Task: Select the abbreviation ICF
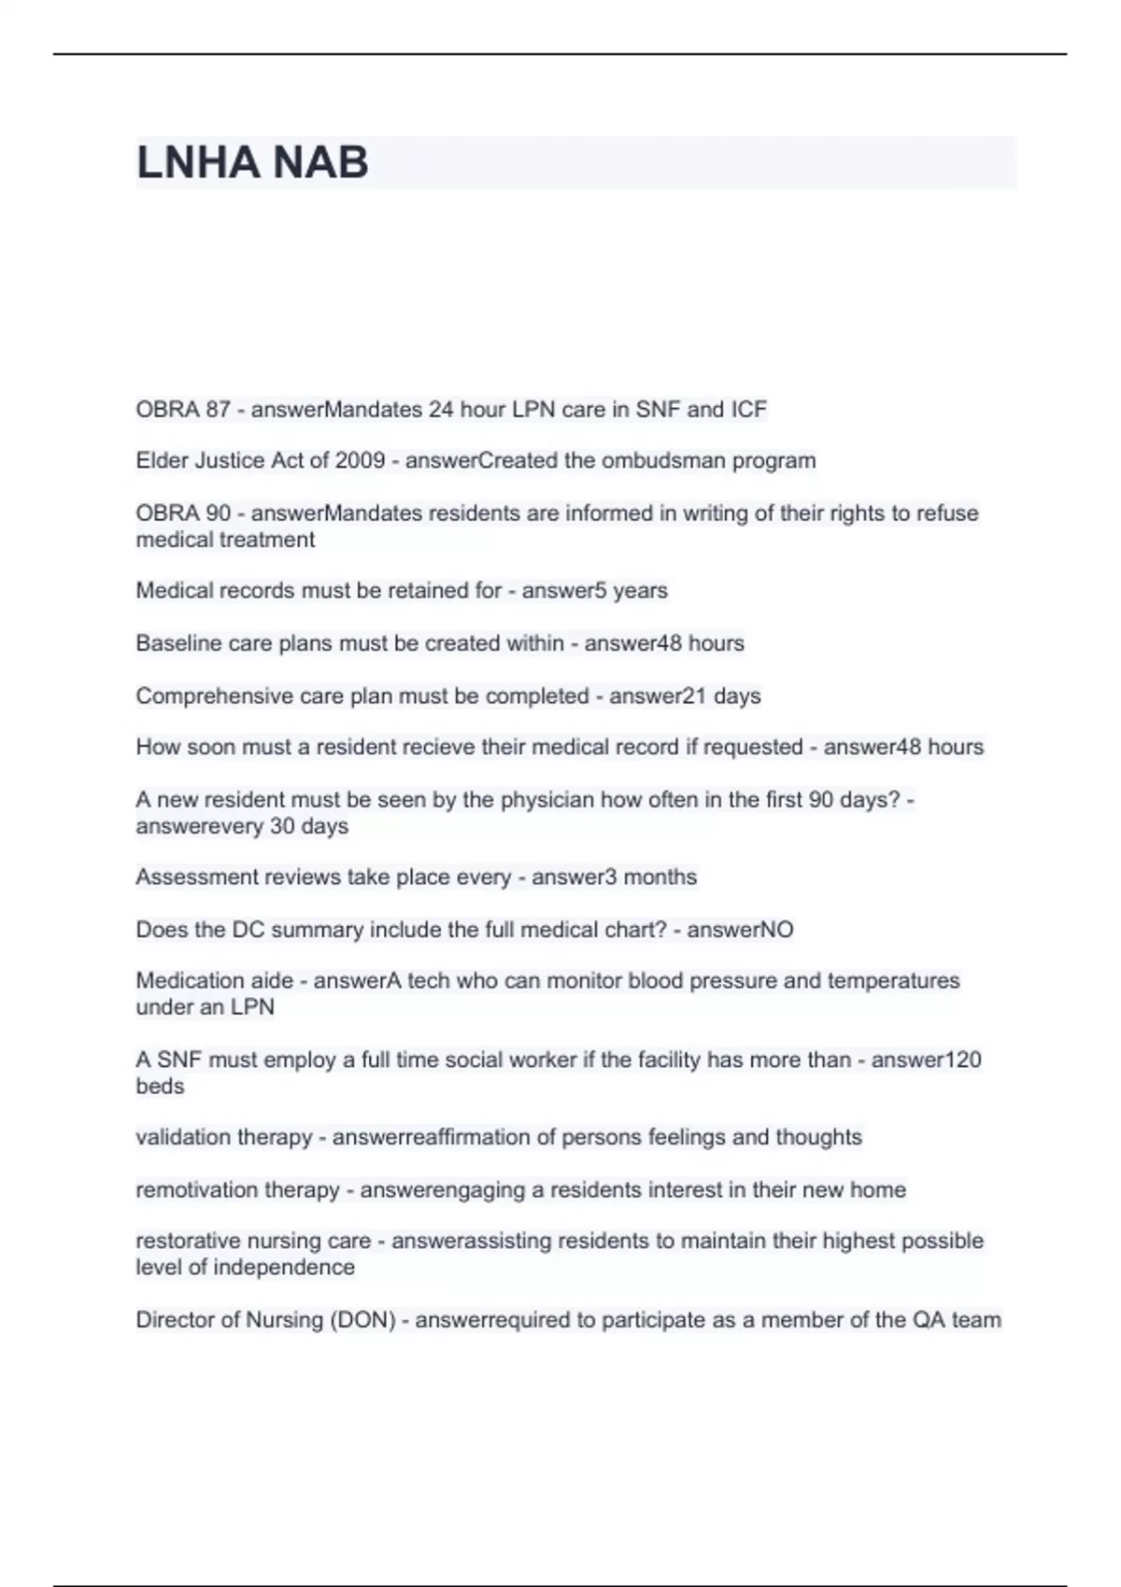click(748, 410)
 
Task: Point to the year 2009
click(360, 461)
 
